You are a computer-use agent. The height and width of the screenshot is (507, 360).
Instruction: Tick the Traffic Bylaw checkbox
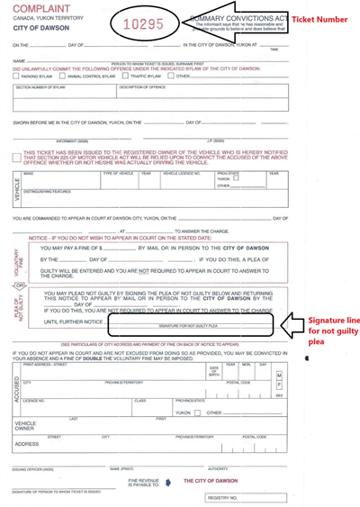[123, 77]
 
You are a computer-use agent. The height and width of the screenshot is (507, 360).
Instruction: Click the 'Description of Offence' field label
[144, 88]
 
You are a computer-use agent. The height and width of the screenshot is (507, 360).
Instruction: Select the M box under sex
[279, 375]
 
